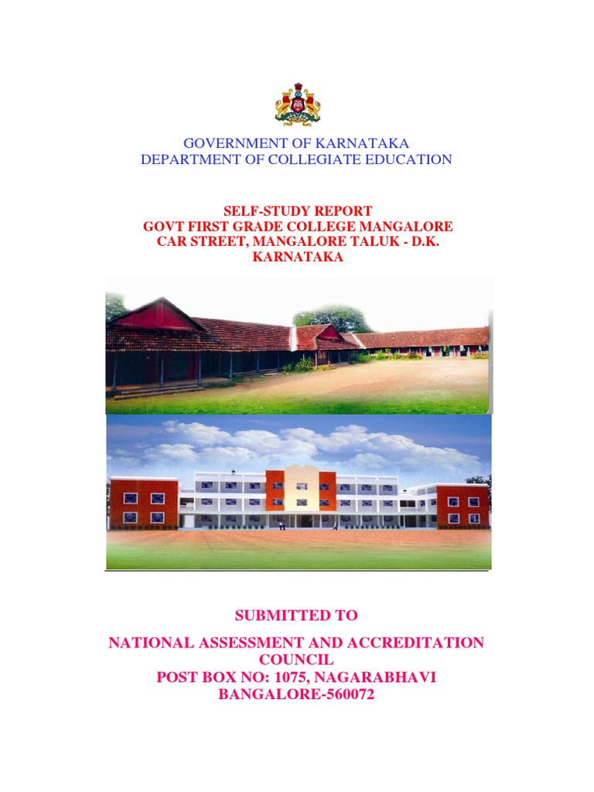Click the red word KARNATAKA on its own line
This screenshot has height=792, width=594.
point(297,258)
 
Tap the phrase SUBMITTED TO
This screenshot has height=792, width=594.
point(297,616)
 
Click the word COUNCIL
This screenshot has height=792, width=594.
point(297,660)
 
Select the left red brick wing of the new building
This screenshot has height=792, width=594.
point(144,503)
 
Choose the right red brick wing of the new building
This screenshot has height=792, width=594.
point(463,507)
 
